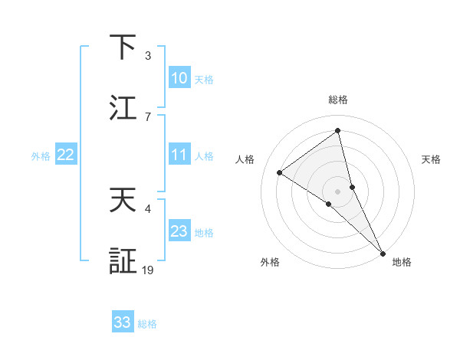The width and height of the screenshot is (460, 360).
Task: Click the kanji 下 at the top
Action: click(x=123, y=47)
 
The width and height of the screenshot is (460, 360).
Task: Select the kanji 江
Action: click(x=123, y=107)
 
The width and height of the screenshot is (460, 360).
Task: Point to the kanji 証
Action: click(x=123, y=261)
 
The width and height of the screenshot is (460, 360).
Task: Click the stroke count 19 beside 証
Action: click(x=148, y=270)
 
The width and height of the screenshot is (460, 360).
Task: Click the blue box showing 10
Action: click(x=179, y=78)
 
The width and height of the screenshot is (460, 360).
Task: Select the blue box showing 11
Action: click(x=179, y=155)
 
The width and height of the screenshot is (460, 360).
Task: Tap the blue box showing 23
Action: click(x=179, y=231)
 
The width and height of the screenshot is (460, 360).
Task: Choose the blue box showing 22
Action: click(x=66, y=155)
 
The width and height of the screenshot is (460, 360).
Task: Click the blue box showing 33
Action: click(x=123, y=322)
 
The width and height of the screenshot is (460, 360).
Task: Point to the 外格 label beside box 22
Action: click(x=41, y=155)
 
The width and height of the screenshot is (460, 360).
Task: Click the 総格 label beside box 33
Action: click(x=147, y=323)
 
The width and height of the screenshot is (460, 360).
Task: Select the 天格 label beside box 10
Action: click(x=204, y=79)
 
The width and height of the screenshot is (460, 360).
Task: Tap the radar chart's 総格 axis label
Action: click(x=338, y=100)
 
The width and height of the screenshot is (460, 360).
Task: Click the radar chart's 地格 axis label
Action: click(x=402, y=262)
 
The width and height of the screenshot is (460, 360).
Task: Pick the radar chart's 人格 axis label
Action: click(x=245, y=159)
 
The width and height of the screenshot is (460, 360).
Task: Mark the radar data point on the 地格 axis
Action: click(x=383, y=252)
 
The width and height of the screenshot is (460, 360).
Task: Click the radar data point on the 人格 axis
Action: click(x=279, y=172)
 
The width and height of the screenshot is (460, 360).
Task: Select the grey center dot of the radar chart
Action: click(x=338, y=191)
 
